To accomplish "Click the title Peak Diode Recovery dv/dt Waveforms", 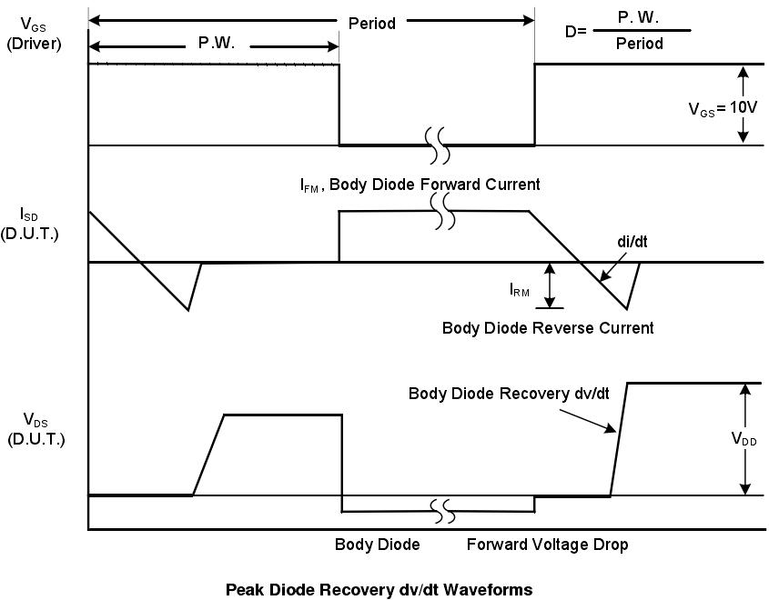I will [379, 589].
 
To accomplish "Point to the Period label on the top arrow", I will [372, 24].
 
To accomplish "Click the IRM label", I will [520, 290].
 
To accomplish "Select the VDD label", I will [745, 438].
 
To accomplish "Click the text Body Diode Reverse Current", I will [547, 327].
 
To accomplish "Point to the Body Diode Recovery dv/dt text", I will [501, 394].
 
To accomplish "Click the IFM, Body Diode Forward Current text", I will [420, 185].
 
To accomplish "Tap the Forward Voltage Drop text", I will [547, 545].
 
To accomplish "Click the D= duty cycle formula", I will [627, 33].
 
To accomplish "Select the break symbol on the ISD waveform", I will [442, 210].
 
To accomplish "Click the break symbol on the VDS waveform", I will [442, 512].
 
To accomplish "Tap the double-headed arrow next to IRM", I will [550, 285].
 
